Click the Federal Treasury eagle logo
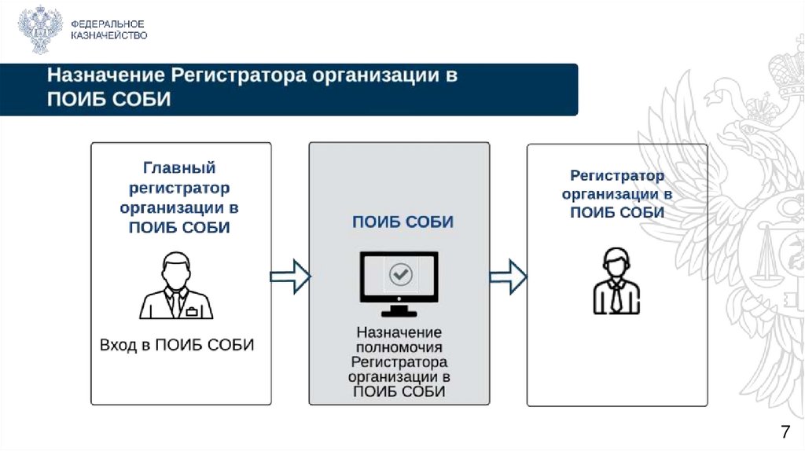(40, 30)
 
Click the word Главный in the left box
(179, 168)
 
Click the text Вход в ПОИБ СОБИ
(177, 345)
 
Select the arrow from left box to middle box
(290, 276)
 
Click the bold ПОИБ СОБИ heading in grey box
(402, 222)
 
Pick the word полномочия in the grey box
(399, 347)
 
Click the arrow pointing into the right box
(508, 276)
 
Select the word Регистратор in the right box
(617, 176)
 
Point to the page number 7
(784, 431)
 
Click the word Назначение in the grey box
(399, 332)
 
